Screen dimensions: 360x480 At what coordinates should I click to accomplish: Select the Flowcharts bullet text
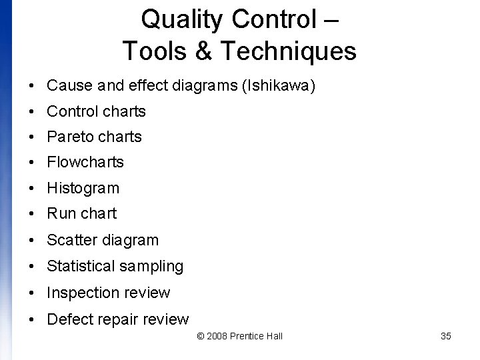[85, 162]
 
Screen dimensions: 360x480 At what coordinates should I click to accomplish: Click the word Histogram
[83, 189]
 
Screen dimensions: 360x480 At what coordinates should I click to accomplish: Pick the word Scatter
[69, 240]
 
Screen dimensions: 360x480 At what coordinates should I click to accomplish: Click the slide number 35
[446, 336]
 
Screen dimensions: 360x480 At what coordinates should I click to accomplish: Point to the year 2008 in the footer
[217, 336]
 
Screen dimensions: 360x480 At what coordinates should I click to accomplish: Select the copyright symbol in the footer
[201, 336]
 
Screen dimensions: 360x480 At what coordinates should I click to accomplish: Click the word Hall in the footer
[274, 336]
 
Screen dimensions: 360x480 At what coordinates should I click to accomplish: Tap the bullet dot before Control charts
[32, 112]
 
